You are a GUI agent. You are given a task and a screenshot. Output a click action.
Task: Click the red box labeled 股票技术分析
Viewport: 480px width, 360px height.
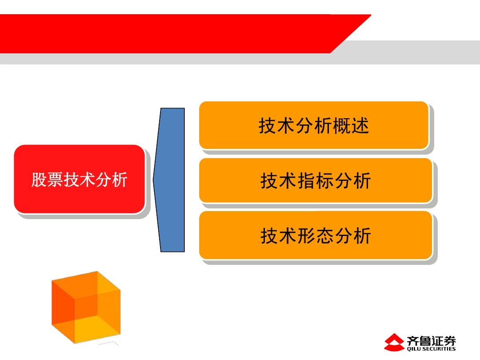79,179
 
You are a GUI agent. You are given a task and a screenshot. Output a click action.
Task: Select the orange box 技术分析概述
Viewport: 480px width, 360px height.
313,125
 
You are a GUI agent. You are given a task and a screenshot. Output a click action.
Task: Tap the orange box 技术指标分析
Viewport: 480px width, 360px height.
316,180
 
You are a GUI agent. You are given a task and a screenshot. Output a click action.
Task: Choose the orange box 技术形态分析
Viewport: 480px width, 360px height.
316,236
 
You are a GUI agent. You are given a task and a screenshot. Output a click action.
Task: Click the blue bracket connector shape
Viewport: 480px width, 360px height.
170,180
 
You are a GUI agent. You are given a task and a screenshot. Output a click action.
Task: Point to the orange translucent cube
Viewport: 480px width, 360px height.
86,307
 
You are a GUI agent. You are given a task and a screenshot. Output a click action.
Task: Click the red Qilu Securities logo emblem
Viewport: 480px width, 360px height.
394,342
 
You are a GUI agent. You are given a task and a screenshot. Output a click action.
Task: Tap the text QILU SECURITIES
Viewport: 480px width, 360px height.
431,349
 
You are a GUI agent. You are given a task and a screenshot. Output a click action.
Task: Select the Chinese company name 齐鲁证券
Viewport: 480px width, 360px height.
431,340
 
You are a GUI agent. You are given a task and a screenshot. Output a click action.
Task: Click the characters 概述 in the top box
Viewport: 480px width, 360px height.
351,125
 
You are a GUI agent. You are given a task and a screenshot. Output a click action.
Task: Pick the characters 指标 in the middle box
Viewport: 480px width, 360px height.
316,180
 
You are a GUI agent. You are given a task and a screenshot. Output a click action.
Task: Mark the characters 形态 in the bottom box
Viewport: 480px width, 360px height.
316,236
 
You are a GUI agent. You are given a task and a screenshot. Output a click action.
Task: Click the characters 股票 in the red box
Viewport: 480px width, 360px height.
47,180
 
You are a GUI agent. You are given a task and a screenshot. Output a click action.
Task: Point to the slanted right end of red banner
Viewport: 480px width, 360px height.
351,34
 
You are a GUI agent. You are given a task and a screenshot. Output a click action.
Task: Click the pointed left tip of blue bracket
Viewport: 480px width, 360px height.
153,180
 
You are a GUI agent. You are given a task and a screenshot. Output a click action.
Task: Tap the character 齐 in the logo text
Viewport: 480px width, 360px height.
412,340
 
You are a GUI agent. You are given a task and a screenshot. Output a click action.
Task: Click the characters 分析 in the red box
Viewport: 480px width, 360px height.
112,180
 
